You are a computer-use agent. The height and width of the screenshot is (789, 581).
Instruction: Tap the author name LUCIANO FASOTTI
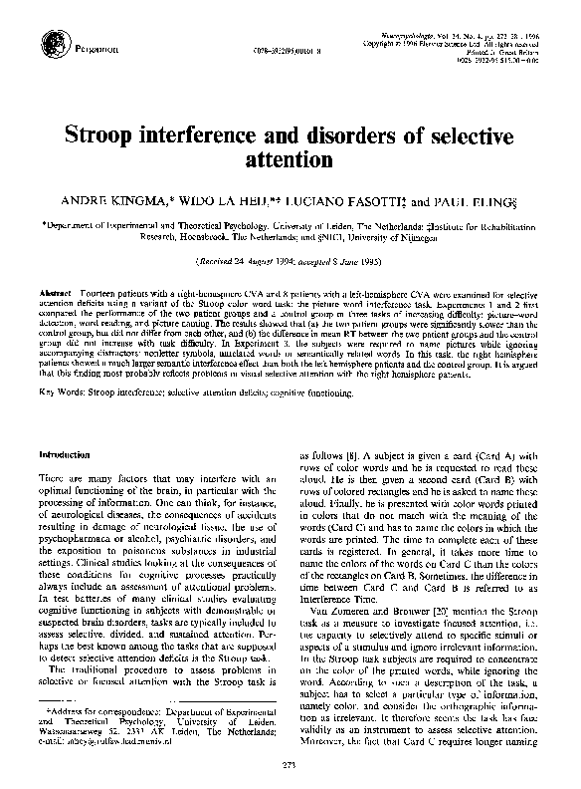pos(332,199)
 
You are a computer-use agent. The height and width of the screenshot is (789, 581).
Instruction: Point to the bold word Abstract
pos(57,293)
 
